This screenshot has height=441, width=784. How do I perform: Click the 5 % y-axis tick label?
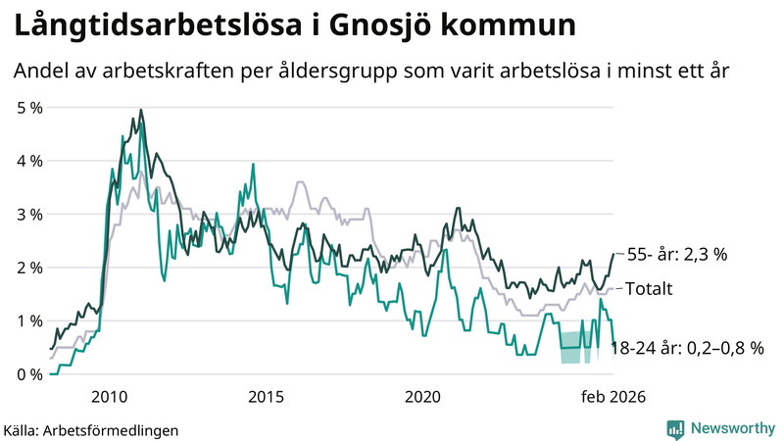pyautogui.click(x=28, y=107)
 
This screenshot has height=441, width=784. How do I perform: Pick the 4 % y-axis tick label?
pyautogui.click(x=28, y=161)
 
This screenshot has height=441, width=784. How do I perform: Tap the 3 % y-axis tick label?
pyautogui.click(x=28, y=214)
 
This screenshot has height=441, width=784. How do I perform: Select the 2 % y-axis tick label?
pyautogui.click(x=28, y=268)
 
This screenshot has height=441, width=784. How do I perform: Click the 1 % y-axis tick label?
pyautogui.click(x=28, y=321)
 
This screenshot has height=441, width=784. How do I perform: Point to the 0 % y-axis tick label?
pyautogui.click(x=28, y=374)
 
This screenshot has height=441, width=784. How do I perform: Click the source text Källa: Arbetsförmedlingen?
pyautogui.click(x=91, y=429)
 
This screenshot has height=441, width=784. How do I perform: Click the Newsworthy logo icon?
pyautogui.click(x=675, y=428)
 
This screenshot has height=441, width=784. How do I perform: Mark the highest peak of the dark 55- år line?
pyautogui.click(x=141, y=110)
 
